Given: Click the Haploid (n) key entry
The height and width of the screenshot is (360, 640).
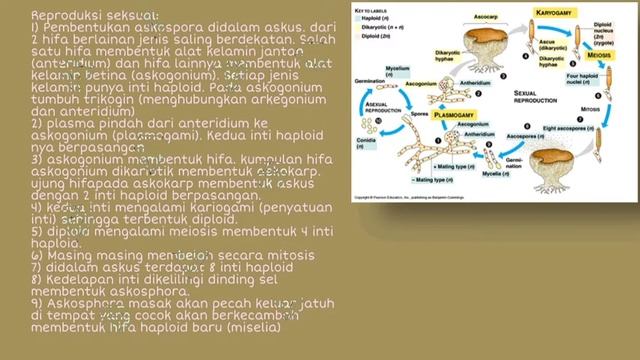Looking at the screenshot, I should [375, 19].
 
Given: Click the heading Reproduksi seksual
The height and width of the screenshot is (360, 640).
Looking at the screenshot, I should [94, 15].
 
